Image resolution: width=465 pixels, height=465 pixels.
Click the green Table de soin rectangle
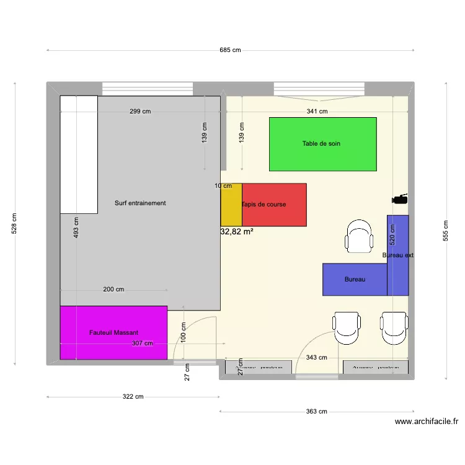click(x=322, y=144)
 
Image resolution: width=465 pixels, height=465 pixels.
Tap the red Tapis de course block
click(x=274, y=205)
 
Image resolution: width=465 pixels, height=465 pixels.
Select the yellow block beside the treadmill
click(x=231, y=205)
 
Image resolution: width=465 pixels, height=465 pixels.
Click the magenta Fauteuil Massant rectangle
click(x=113, y=333)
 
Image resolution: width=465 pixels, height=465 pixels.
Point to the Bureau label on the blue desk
click(x=355, y=280)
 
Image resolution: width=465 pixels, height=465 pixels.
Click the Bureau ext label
click(x=398, y=255)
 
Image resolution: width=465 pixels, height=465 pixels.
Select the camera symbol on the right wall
click(x=400, y=199)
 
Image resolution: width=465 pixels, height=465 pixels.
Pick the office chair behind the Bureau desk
click(x=360, y=236)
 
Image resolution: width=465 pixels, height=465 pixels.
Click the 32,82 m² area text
click(x=237, y=231)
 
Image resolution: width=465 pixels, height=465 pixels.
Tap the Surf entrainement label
click(x=140, y=203)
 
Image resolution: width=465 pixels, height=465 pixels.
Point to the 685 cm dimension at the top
click(x=230, y=50)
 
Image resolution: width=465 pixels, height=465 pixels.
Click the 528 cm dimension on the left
click(x=15, y=224)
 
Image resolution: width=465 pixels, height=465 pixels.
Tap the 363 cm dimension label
click(x=316, y=411)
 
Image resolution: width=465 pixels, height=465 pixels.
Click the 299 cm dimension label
click(x=140, y=112)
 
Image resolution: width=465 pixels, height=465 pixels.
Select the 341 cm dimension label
click(x=317, y=112)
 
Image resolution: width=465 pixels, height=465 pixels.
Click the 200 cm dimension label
click(x=113, y=290)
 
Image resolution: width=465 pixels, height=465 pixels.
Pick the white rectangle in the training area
click(x=79, y=154)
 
